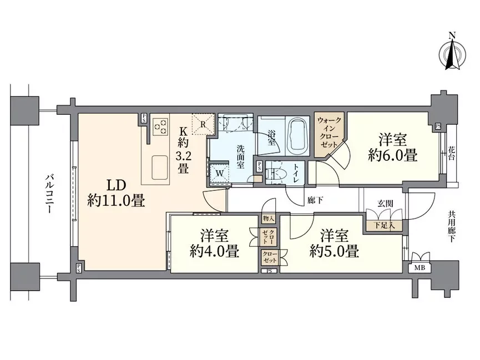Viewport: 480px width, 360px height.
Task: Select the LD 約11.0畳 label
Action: (116, 192)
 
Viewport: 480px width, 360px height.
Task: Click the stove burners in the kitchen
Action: (160, 126)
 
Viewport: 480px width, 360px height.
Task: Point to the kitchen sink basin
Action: (161, 165)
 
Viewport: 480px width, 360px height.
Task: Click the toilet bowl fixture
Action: (274, 174)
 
